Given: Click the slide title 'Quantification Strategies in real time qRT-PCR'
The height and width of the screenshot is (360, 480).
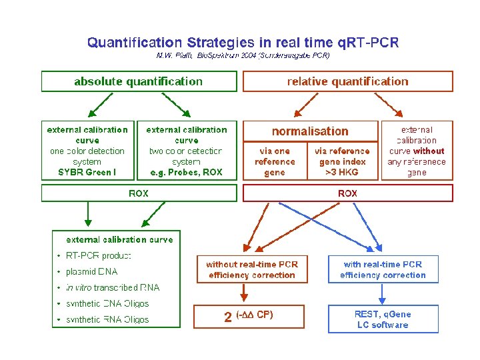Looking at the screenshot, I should [243, 43].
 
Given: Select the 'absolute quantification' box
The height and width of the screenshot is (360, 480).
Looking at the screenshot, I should [139, 81].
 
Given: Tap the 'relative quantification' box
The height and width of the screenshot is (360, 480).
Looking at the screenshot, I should [347, 81].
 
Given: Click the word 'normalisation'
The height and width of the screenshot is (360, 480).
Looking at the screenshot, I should [310, 131].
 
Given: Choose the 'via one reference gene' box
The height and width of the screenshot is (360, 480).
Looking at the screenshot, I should [274, 161].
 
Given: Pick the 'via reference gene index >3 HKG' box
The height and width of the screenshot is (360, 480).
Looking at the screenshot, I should [342, 161].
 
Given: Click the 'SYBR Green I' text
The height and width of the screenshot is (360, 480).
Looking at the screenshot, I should [87, 173].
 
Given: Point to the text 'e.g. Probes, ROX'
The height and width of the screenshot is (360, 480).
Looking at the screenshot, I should [186, 173].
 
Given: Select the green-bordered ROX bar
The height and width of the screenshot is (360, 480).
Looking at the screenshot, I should [139, 193].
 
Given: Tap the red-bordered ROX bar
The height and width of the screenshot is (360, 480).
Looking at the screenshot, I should [347, 193].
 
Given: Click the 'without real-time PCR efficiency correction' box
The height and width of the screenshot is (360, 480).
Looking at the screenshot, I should [251, 269].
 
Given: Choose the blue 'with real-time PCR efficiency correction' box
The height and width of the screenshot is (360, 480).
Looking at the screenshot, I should [382, 269].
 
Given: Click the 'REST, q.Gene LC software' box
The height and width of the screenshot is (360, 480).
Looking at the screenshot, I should [382, 319].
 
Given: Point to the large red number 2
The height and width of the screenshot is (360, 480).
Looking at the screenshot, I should [228, 317].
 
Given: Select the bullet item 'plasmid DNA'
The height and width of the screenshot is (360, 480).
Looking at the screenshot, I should [91, 271].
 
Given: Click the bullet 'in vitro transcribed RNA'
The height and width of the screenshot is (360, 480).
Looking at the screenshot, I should [113, 287].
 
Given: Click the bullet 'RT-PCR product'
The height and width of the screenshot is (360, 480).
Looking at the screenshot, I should [98, 255].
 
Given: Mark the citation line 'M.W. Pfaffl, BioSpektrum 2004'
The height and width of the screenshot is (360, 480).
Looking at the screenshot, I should [243, 55].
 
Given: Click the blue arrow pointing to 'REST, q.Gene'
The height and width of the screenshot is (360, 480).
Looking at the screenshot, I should [382, 294].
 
